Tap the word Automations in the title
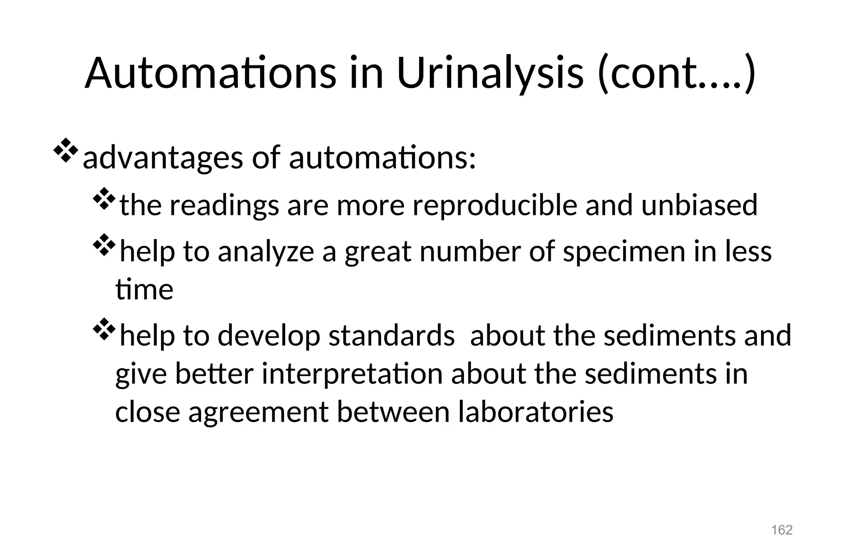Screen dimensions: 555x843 click(x=210, y=73)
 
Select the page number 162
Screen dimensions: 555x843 click(x=782, y=529)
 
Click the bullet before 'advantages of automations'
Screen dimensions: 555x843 click(x=65, y=151)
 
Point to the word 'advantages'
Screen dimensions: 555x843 click(x=163, y=158)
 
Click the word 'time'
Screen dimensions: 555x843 click(x=144, y=289)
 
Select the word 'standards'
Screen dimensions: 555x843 click(x=391, y=335)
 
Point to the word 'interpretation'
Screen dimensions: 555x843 click(x=352, y=373)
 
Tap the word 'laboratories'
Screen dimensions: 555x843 click(x=536, y=411)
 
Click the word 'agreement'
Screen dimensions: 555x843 click(x=258, y=412)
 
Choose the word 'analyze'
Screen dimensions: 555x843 click(x=266, y=252)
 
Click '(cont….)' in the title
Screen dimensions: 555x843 click(x=676, y=73)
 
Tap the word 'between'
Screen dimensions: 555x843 click(x=393, y=411)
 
